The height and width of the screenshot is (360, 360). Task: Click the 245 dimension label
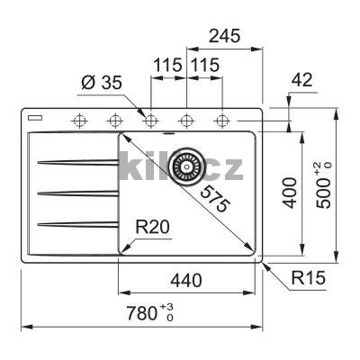[225, 36]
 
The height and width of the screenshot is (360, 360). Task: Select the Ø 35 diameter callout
[102, 83]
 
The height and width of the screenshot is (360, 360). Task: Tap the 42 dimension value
[302, 80]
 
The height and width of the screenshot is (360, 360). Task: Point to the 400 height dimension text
[290, 193]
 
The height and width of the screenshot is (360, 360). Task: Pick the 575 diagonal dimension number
[215, 199]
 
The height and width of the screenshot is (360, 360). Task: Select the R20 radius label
[152, 227]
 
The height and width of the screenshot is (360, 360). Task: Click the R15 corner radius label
[309, 278]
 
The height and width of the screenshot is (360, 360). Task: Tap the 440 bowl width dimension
[186, 281]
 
